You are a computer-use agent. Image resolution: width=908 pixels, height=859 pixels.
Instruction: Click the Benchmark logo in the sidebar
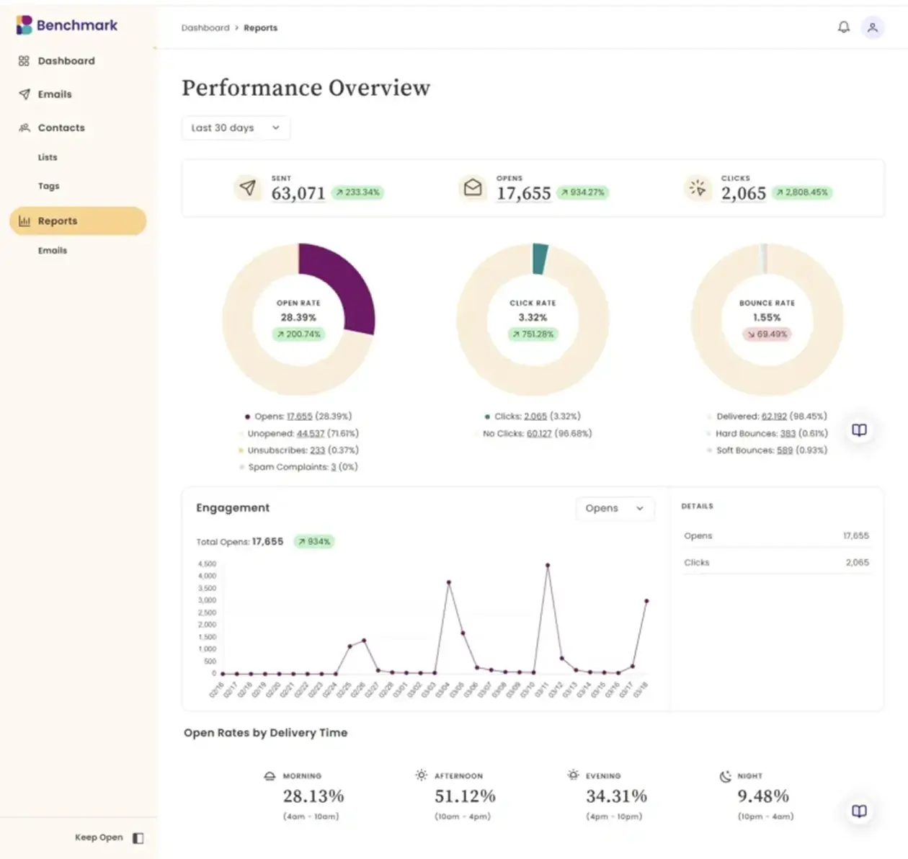(66, 25)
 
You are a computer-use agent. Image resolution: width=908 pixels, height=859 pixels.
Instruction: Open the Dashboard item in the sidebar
(66, 61)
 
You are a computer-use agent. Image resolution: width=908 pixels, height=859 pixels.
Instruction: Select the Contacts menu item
(61, 128)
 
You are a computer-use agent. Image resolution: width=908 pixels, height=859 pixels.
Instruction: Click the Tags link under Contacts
(48, 186)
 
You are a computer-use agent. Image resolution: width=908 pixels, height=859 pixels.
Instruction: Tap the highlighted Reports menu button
(78, 221)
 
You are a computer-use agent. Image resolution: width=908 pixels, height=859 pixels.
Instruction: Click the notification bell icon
(843, 27)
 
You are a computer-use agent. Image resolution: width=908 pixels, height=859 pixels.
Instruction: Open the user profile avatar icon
(873, 27)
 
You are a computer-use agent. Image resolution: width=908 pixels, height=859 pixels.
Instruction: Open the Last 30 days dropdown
(236, 128)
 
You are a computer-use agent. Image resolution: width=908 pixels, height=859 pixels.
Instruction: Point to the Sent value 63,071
(298, 193)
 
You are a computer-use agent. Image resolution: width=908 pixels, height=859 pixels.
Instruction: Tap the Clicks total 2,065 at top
(743, 193)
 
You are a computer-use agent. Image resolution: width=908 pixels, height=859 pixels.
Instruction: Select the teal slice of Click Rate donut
(540, 259)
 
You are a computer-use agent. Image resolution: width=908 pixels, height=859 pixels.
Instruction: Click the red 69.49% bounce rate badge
(767, 334)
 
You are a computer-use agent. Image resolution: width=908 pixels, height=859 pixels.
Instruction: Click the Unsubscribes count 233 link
(317, 450)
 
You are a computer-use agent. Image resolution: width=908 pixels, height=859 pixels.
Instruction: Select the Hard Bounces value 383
(787, 434)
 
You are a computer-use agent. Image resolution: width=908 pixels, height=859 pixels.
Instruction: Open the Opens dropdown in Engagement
(614, 508)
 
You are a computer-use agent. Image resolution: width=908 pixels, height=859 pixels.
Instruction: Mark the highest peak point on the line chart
(548, 566)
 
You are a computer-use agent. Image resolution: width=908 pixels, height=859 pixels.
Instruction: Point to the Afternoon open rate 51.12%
(465, 796)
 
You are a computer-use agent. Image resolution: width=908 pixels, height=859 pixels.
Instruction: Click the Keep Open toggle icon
(138, 837)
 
